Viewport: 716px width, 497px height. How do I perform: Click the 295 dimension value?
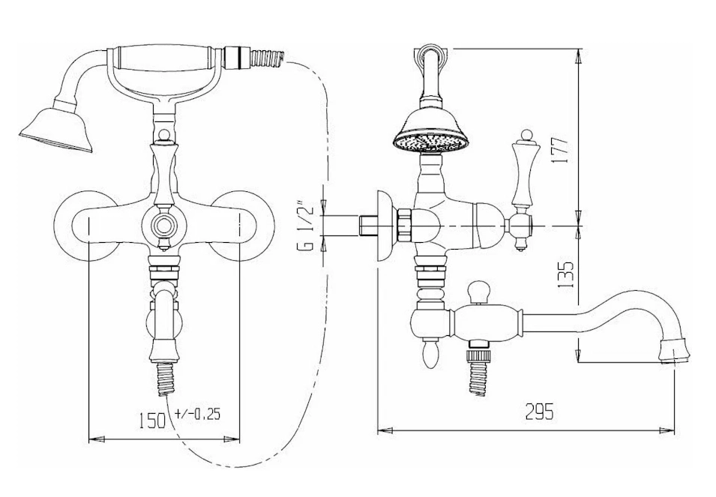click(x=539, y=412)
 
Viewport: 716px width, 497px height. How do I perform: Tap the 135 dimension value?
click(x=565, y=274)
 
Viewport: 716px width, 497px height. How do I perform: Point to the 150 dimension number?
click(x=152, y=420)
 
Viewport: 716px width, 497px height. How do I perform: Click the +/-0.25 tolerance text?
click(x=197, y=414)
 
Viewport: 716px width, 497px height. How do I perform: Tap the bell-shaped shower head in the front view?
click(x=57, y=127)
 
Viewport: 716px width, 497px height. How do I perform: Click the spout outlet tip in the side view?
click(x=676, y=349)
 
